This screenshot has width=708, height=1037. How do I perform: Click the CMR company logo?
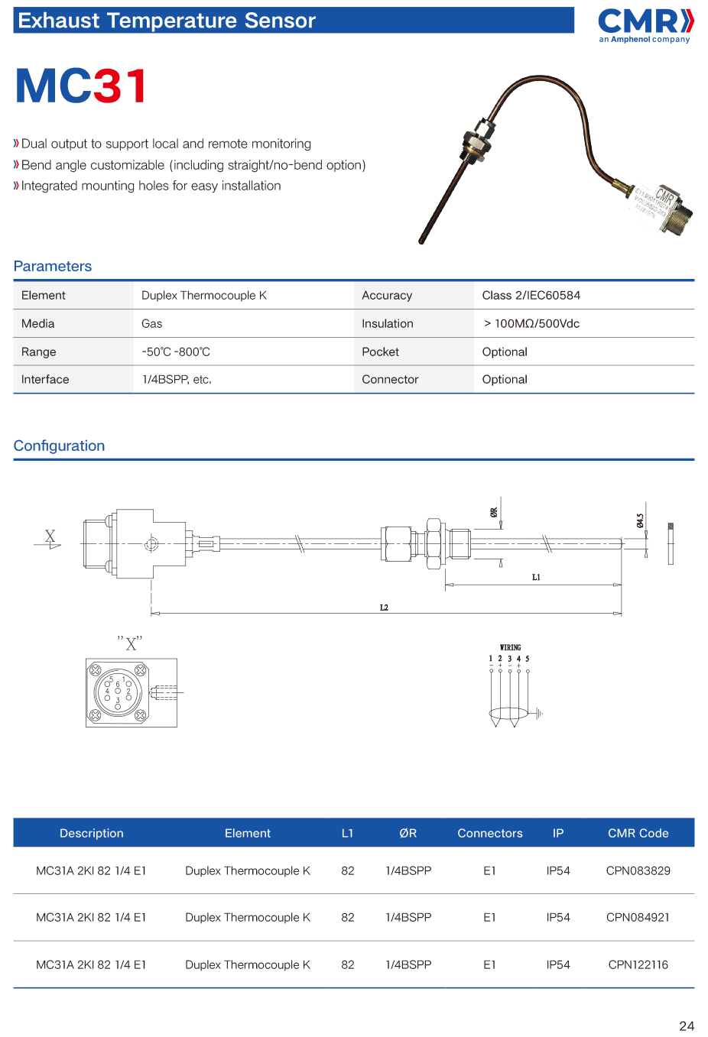click(645, 24)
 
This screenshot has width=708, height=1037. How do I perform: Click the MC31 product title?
click(81, 86)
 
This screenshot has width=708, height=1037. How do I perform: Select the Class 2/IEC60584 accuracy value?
click(531, 296)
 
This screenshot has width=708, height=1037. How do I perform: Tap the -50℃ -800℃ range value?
click(175, 352)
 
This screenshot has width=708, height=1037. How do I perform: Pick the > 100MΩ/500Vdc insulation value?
click(531, 324)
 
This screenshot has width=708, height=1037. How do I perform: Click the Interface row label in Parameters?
click(45, 380)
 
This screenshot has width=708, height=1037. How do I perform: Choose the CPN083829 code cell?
click(638, 871)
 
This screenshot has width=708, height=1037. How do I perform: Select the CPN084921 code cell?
click(638, 918)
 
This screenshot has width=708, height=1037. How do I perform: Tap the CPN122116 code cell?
click(638, 965)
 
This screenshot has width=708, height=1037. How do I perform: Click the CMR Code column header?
click(638, 834)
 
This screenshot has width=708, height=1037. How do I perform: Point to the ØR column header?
click(408, 834)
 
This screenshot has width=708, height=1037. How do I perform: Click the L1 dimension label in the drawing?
click(536, 578)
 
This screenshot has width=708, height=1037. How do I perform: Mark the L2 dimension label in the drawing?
click(384, 608)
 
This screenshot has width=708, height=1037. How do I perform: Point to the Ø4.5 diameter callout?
click(640, 520)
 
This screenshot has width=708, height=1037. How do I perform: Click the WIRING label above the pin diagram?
click(510, 647)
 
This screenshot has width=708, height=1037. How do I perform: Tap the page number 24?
click(687, 1026)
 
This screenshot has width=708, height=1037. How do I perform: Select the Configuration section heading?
click(59, 446)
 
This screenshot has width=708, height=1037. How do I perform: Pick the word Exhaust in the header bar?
click(59, 21)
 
